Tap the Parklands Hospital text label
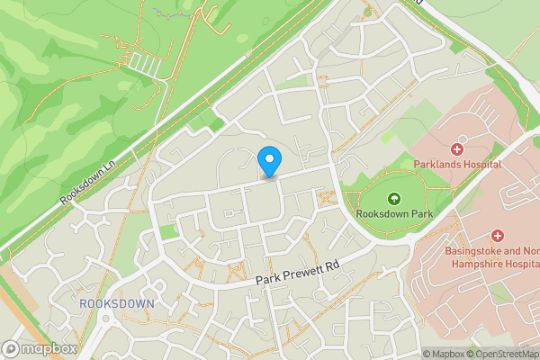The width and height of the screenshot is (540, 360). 469,165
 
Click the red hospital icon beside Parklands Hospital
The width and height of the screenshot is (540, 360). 457,148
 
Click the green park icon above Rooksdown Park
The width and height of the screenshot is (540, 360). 392,199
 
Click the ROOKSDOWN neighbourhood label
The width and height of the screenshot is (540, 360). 116,304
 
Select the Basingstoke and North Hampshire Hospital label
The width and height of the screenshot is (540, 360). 490,256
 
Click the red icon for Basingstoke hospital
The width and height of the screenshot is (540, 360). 496,235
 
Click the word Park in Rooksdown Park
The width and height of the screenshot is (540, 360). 417,215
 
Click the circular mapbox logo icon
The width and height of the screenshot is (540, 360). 11,348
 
